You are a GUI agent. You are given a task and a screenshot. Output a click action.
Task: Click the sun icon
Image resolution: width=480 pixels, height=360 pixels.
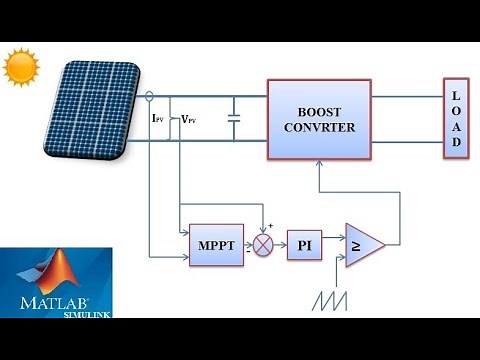tap(20, 69)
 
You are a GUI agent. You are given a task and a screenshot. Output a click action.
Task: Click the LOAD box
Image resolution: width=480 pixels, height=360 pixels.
tap(455, 117)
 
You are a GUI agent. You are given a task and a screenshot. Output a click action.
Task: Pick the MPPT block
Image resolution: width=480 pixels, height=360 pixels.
tap(216, 245)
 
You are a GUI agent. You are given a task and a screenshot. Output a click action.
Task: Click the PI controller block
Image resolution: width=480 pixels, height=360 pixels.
tap(304, 244)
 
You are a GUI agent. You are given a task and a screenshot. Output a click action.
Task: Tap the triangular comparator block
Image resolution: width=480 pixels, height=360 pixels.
tap(362, 245)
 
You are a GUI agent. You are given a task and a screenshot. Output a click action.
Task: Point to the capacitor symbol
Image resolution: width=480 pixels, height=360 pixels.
tap(234, 118)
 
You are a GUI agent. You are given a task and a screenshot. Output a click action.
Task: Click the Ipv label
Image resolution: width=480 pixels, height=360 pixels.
tap(157, 119)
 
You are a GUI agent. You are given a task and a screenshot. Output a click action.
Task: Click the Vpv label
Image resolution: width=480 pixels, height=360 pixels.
tap(188, 119)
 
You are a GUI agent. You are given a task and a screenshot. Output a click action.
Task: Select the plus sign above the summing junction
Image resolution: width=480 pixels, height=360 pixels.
tap(270, 226)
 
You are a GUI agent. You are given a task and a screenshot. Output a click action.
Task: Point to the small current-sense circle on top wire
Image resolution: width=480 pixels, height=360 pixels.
tap(150, 96)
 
